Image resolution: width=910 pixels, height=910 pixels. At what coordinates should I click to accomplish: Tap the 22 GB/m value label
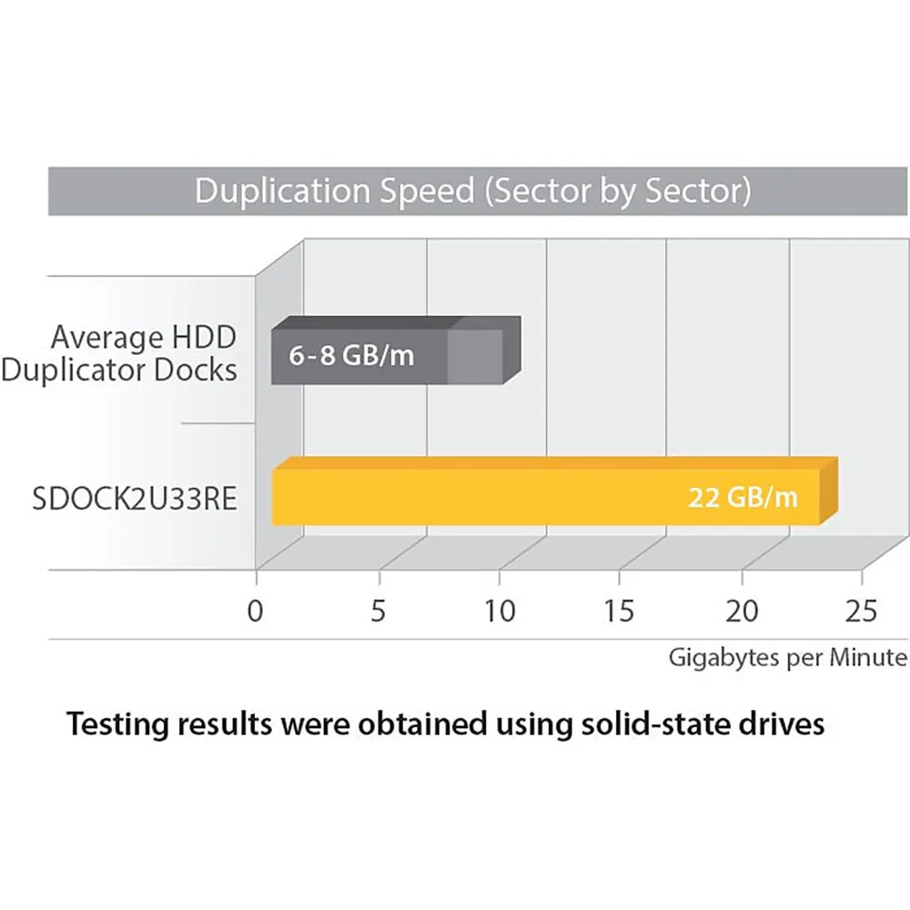(743, 498)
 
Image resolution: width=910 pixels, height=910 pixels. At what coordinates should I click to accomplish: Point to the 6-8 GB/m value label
(351, 356)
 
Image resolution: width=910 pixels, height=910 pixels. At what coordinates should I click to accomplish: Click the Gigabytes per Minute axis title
(788, 657)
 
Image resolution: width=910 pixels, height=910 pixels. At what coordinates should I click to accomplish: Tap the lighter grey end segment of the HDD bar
(475, 356)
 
